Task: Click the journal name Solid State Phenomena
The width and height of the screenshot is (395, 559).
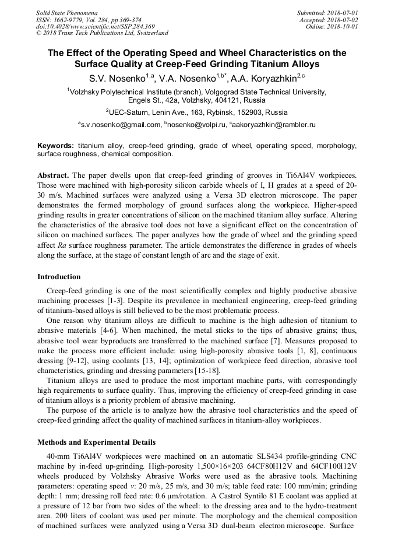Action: click(67, 13)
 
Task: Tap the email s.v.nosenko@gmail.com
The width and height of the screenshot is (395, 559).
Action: click(120, 124)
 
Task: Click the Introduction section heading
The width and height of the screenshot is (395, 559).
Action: click(59, 276)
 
